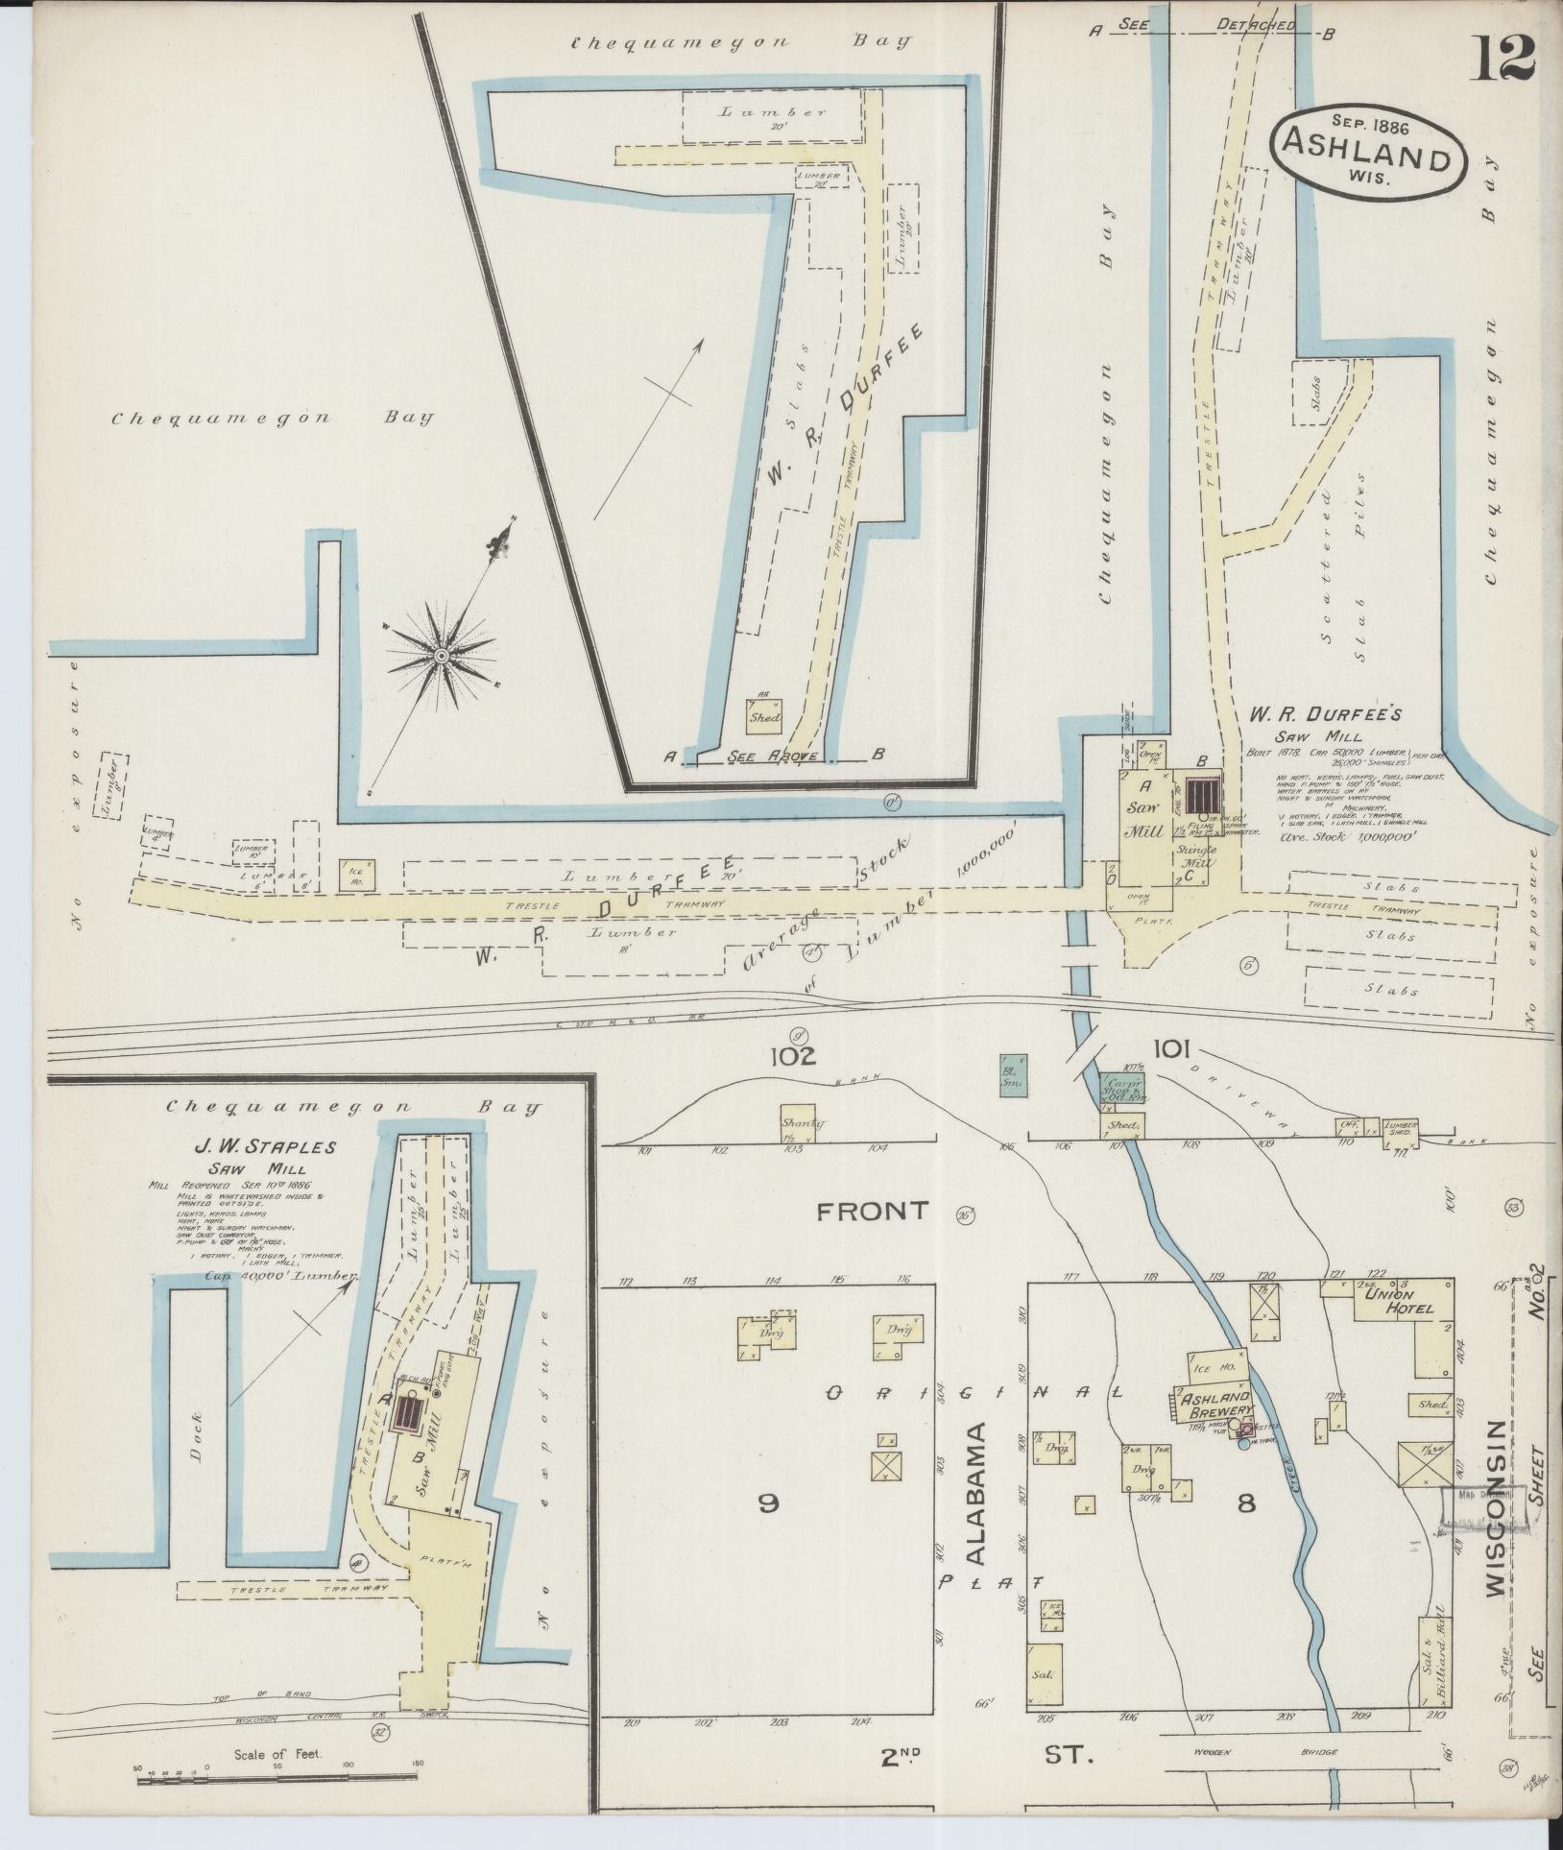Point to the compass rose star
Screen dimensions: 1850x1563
(x=441, y=656)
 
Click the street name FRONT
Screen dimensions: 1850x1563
(x=873, y=1212)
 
